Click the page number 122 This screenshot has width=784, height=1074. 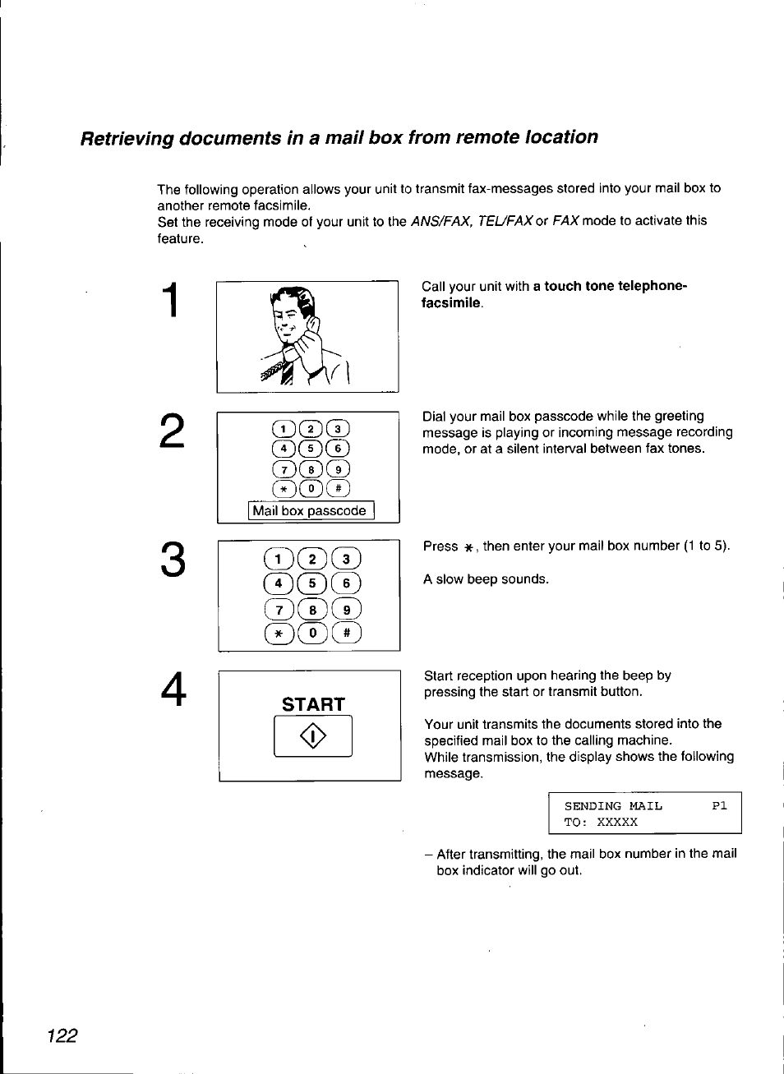point(62,1035)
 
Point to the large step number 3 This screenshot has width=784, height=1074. point(173,560)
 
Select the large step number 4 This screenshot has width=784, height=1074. point(173,689)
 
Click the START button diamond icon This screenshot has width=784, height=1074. point(313,736)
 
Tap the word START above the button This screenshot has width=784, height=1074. point(313,704)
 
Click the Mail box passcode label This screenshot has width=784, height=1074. point(310,511)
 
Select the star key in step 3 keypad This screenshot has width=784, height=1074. point(279,633)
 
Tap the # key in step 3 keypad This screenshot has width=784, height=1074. point(347,633)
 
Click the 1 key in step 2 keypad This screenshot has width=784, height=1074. point(284,429)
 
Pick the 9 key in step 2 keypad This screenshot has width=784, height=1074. point(338,469)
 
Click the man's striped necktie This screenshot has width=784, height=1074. point(287,371)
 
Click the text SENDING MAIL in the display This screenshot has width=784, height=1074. point(612,806)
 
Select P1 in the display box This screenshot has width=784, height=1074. point(719,806)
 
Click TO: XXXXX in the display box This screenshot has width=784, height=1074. point(600,822)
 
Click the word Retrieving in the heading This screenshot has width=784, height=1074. point(127,138)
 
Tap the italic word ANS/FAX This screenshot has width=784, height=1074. point(440,221)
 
